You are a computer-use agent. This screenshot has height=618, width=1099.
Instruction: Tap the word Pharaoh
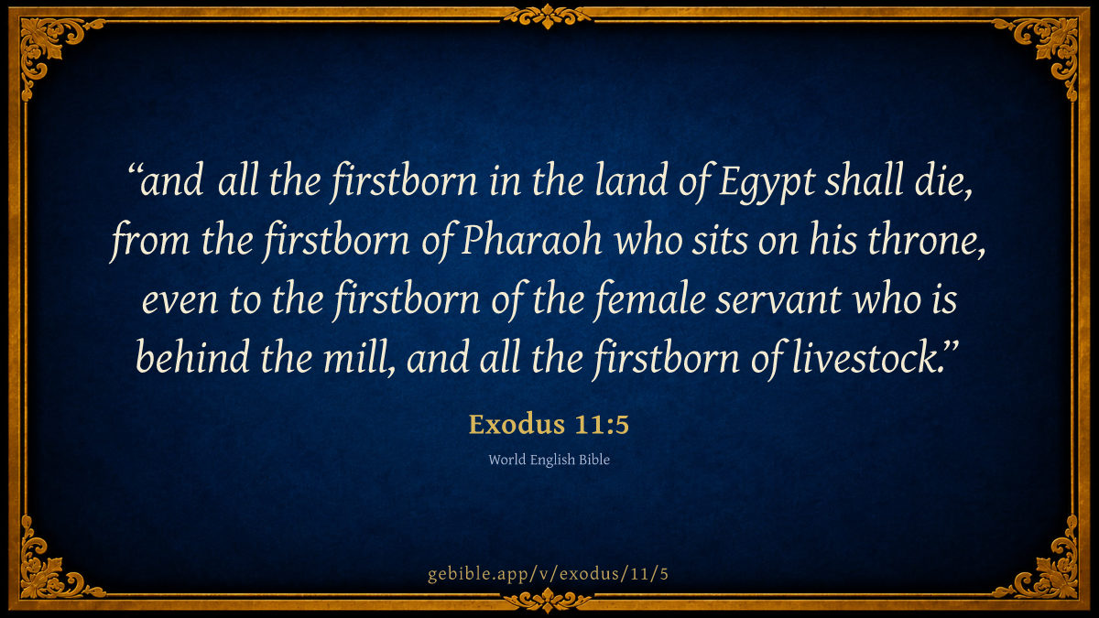[531, 240]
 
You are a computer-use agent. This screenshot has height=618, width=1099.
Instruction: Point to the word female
[649, 299]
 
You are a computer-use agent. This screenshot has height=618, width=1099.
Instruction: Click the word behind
[192, 358]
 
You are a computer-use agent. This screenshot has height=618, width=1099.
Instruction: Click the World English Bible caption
[549, 460]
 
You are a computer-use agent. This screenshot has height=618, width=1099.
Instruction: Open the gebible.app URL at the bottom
[548, 573]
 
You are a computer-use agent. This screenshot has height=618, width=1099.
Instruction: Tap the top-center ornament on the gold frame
[548, 16]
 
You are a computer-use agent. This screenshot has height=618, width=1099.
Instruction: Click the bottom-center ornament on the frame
[548, 601]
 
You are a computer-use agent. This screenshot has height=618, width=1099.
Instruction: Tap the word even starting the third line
[180, 300]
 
